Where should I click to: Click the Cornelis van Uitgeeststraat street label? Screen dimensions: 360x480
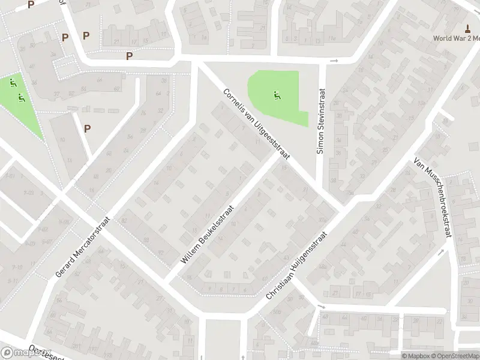[x=256, y=125]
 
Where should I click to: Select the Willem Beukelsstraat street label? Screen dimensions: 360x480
[x=208, y=234]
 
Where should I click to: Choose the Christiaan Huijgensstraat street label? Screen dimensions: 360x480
[x=296, y=266]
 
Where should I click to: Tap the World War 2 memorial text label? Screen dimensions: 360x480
[x=457, y=38]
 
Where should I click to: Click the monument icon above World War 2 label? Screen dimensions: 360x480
[x=467, y=28]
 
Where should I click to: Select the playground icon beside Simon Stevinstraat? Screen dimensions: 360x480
[x=277, y=94]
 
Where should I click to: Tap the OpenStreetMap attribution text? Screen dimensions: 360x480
[x=454, y=356]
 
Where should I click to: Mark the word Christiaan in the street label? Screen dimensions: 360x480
[x=277, y=286]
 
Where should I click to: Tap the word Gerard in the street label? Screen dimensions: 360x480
[x=61, y=268]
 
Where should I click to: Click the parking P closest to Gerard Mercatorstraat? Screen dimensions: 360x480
[x=87, y=128]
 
